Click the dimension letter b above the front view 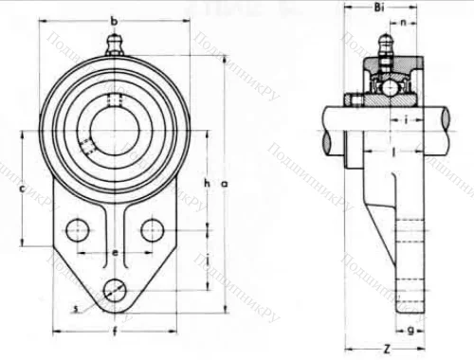click(x=114, y=21)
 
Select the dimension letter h click(x=206, y=182)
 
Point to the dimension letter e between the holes click(x=114, y=253)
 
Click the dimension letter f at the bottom click(x=114, y=332)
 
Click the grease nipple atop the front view click(x=115, y=43)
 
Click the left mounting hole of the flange click(x=78, y=230)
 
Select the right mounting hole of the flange click(x=151, y=230)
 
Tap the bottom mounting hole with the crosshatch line click(x=115, y=291)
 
